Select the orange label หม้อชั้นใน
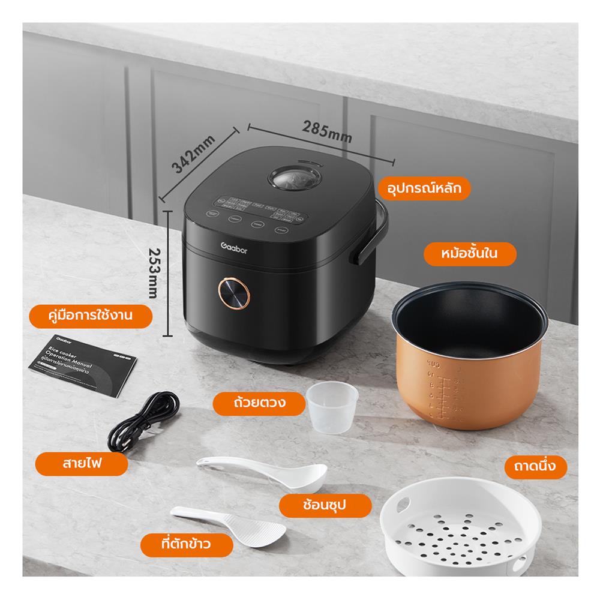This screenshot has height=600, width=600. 470,254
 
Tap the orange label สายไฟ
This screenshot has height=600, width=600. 81,464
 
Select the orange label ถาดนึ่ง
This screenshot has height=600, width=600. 536,466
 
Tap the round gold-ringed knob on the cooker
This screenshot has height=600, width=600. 233,292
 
